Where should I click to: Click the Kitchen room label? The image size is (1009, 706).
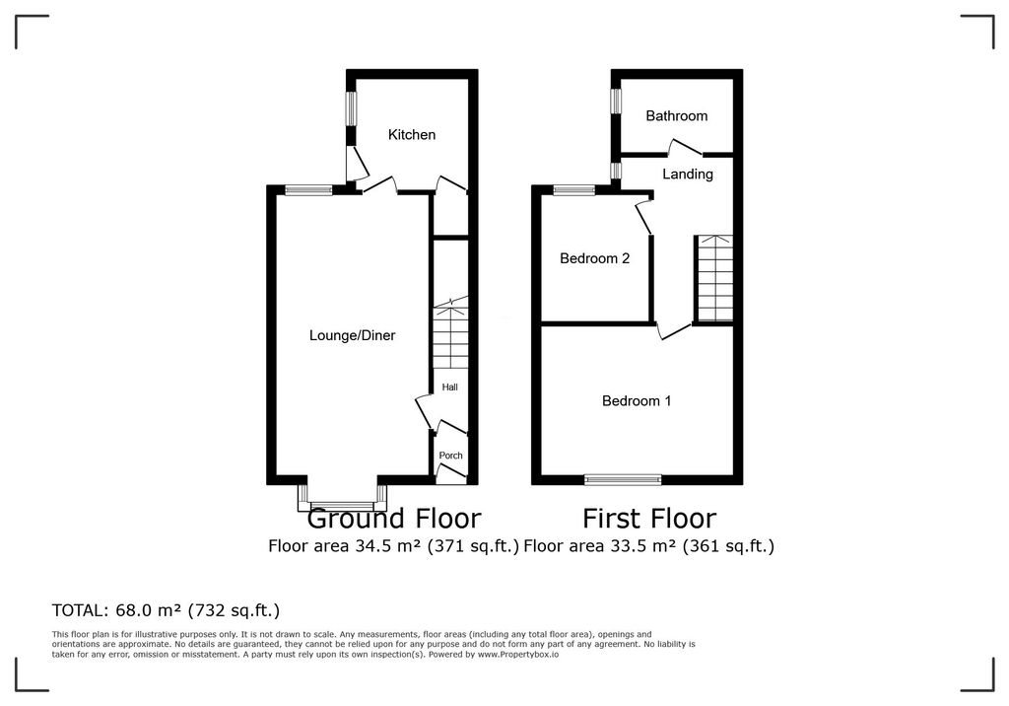412,134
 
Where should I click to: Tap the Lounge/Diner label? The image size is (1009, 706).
352,335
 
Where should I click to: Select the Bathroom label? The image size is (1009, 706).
676,115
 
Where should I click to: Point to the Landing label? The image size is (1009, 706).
687,174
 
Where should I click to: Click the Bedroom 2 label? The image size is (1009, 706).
594,258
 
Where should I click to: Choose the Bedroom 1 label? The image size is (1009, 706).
637,400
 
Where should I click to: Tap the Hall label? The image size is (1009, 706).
449,387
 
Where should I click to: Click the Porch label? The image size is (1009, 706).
450,456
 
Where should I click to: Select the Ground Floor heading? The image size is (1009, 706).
394,518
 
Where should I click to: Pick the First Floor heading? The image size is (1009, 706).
648,518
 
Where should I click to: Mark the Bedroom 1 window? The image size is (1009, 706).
622,480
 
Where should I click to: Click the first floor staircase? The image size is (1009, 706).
713,278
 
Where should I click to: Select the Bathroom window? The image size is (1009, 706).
616,101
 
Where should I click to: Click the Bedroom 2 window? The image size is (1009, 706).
573,190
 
